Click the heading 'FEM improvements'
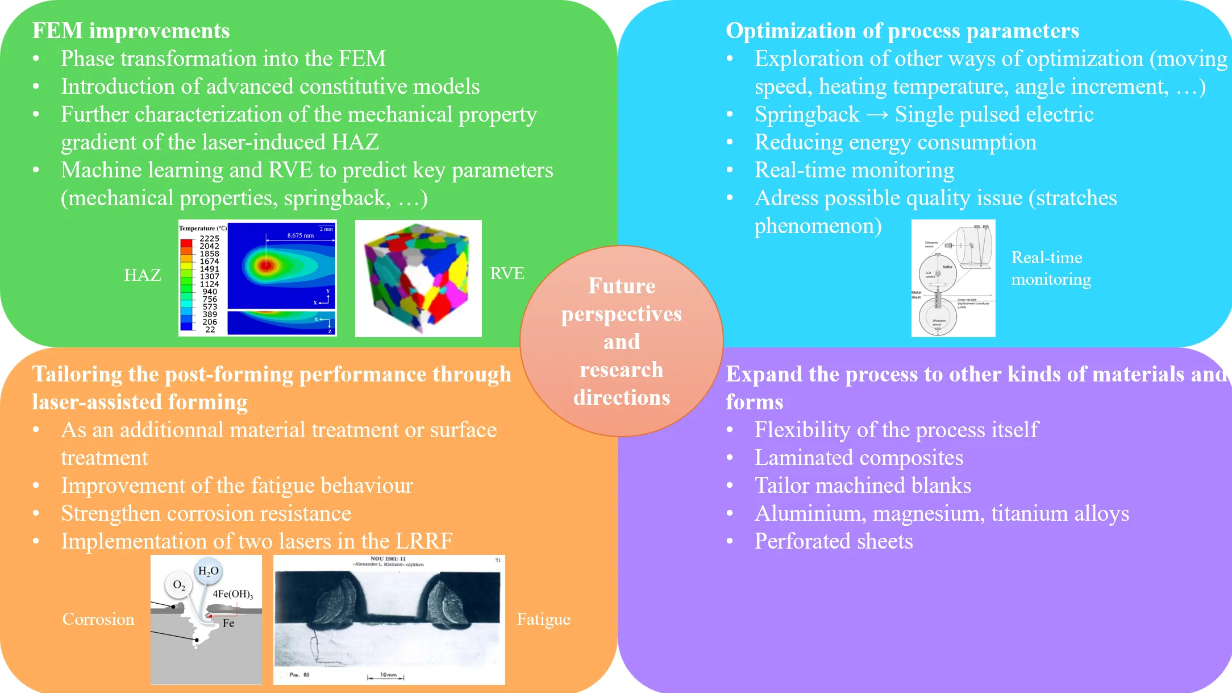(131, 31)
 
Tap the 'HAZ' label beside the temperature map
(142, 275)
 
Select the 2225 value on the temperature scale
(209, 239)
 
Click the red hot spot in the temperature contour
(265, 264)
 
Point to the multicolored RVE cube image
(418, 279)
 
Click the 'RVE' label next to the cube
(507, 273)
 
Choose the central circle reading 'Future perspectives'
(621, 341)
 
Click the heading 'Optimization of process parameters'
(902, 31)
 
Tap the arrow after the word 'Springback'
(877, 115)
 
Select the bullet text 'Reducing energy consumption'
(895, 142)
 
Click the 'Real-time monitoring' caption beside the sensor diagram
(1051, 268)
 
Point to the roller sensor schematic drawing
(953, 279)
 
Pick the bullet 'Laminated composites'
(858, 458)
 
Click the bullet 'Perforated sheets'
(833, 541)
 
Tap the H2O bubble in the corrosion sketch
(208, 571)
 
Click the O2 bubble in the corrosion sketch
(179, 584)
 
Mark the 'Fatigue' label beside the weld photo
(543, 619)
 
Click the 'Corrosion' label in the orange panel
(98, 619)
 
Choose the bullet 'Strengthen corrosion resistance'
(206, 513)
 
